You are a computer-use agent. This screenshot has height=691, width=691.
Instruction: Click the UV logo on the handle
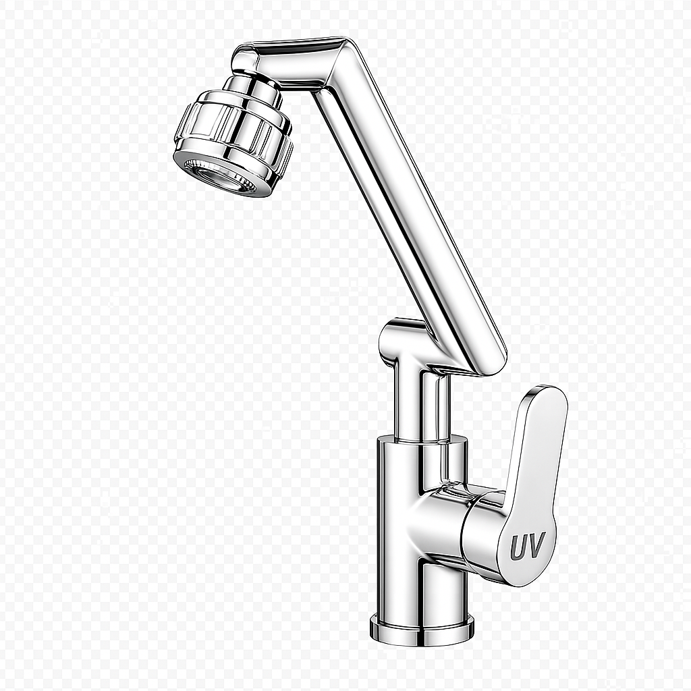click(527, 547)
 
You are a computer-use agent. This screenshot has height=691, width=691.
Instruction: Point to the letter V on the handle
click(537, 547)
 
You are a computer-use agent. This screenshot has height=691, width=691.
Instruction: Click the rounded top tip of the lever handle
click(547, 395)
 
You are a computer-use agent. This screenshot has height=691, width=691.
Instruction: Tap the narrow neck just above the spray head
click(255, 88)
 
